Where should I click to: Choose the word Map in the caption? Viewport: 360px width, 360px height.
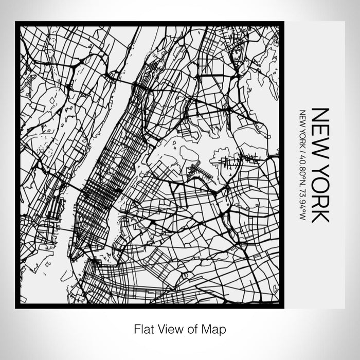tap(215, 328)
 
